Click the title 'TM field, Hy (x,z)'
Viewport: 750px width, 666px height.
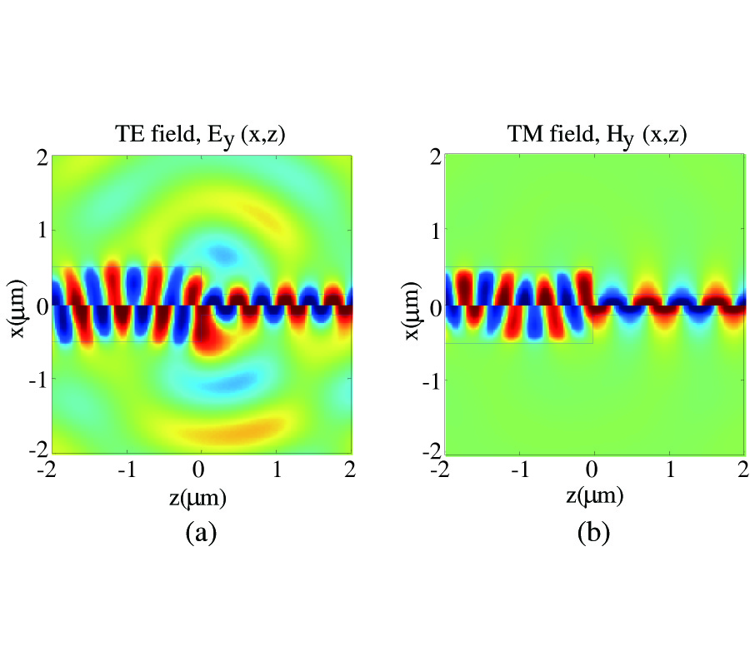595,135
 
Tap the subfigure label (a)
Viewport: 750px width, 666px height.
200,532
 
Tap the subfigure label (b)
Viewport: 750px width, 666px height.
594,532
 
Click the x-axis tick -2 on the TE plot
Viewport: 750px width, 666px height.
49,471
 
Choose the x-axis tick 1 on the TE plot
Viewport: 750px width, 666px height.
276,471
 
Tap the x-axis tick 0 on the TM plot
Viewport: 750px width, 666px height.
593,471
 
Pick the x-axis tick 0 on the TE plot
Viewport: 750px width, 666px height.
200,471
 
